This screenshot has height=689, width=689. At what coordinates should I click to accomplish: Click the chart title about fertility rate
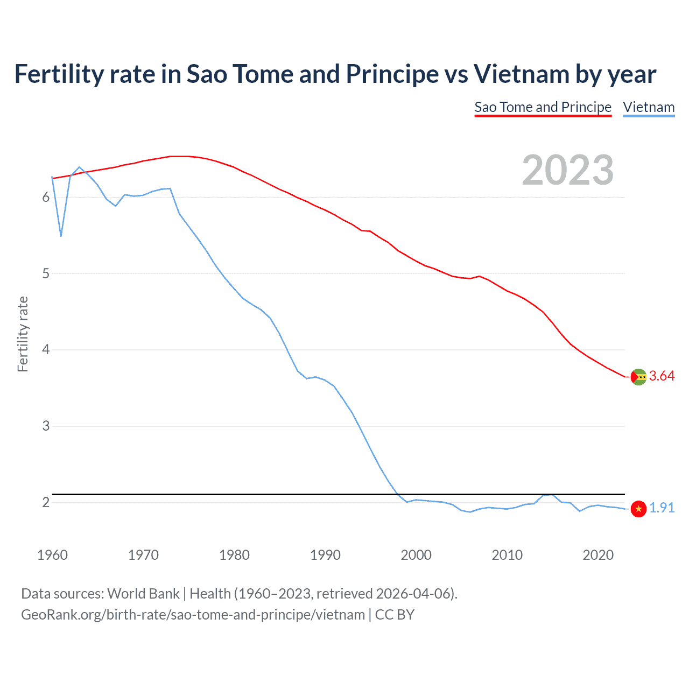coord(335,74)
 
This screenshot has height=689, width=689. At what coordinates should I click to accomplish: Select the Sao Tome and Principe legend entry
coord(543,107)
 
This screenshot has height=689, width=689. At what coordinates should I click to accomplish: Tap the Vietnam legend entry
coord(649,107)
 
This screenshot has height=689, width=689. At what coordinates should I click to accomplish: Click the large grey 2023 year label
coord(567,170)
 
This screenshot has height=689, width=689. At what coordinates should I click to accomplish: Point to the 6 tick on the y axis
coord(46,198)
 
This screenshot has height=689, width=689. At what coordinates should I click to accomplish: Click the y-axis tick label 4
coord(46,350)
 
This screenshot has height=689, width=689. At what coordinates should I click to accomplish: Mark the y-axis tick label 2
coord(46,502)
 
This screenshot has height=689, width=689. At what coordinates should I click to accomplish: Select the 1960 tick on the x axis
coord(52,555)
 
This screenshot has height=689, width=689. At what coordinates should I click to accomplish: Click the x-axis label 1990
coord(325,555)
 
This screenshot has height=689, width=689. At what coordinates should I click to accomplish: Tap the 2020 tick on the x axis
coord(598,555)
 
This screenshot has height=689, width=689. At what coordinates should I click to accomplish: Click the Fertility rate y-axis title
coord(23,334)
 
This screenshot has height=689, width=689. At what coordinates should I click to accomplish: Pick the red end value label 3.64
coord(662,376)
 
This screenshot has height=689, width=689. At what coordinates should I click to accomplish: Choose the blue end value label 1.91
coord(662,508)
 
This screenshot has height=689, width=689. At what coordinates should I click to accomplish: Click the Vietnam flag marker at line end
coord(638,509)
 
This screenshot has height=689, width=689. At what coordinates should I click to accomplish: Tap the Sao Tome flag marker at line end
coord(638,377)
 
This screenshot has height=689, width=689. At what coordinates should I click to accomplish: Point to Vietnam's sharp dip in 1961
coord(61,236)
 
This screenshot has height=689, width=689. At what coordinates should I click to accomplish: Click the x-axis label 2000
coord(416,555)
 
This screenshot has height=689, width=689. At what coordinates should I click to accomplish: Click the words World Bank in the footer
coord(143,594)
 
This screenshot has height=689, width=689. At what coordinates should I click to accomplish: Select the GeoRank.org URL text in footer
coord(193,615)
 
